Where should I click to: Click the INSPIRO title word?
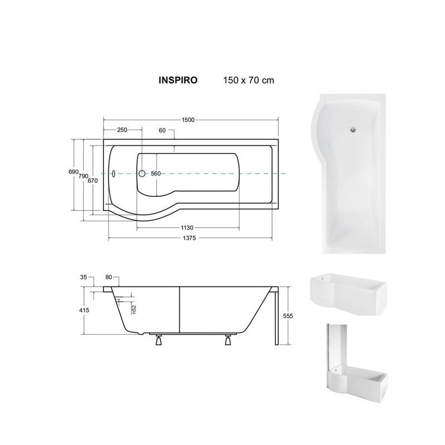pos(178,80)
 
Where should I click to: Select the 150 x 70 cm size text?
pos(249,80)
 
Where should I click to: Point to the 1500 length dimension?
pos(188,120)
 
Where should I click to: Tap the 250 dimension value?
pos(122,130)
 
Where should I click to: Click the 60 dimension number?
pos(162,131)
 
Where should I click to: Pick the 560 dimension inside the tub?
pos(156,174)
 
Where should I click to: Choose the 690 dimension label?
pos(73,172)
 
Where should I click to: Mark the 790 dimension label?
pos(83,176)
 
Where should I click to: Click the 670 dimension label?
pos(92,180)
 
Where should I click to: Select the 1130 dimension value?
pos(187,228)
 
